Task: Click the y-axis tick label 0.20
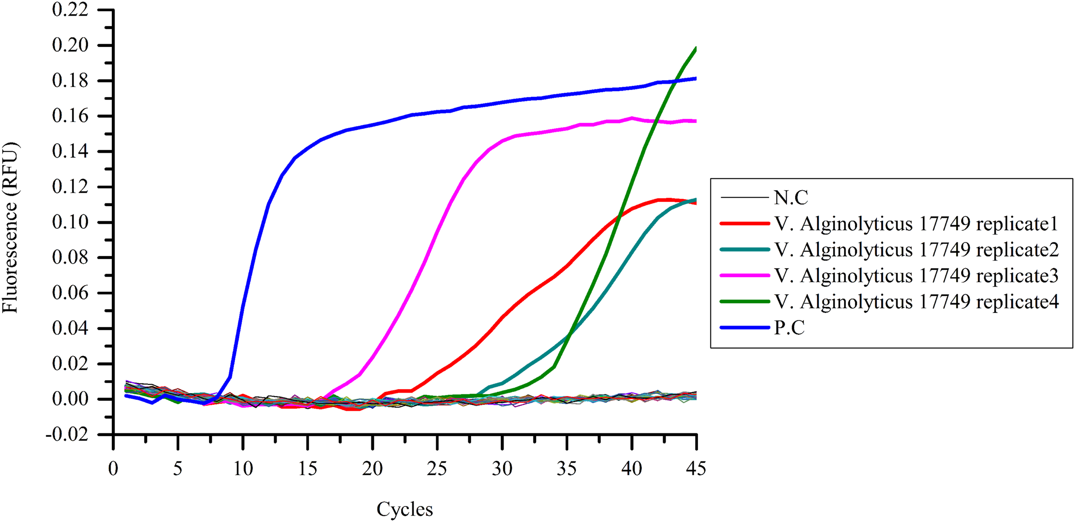[x=70, y=45]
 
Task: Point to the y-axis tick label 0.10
[x=70, y=222]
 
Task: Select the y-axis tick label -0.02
[x=67, y=434]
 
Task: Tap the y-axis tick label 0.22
[x=70, y=9]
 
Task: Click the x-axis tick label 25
[x=437, y=468]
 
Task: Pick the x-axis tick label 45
[x=696, y=468]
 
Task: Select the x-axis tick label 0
[x=113, y=468]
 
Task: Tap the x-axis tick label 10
[x=243, y=468]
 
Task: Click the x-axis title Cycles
[x=405, y=509]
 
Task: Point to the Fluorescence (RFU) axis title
[x=10, y=228]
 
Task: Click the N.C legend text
[x=791, y=198]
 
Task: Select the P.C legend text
[x=789, y=327]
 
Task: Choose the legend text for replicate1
[x=916, y=224]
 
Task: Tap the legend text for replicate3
[x=916, y=276]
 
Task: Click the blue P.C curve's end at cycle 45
[x=696, y=79]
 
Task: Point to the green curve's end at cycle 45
[x=696, y=49]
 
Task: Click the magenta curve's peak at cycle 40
[x=632, y=118]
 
